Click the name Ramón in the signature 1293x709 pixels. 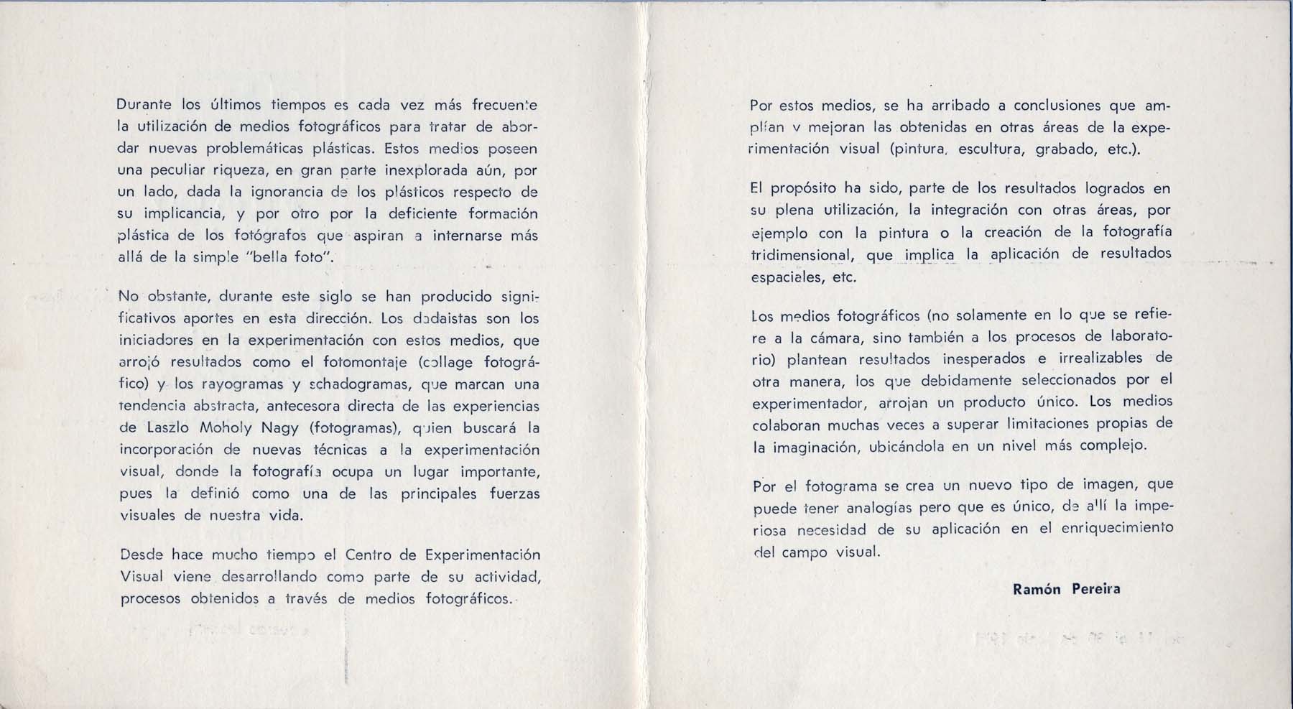[1037, 589]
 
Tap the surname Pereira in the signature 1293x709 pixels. [1095, 589]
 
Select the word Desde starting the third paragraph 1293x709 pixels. [142, 555]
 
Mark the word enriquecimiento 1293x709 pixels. [1108, 529]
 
